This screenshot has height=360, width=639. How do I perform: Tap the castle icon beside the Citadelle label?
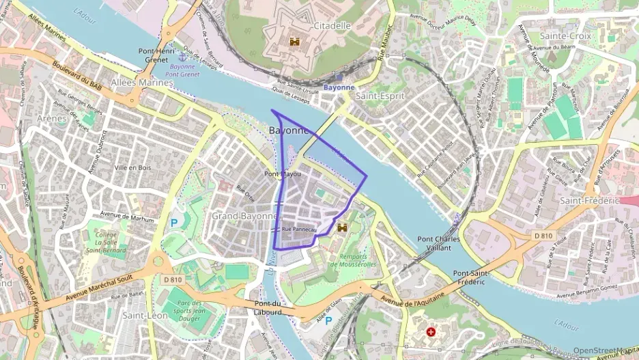(x=295, y=42)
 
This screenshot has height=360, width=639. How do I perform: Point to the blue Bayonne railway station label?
(x=339, y=87)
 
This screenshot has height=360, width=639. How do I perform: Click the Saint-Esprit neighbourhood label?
(x=380, y=96)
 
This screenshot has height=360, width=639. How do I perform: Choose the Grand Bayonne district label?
(x=244, y=216)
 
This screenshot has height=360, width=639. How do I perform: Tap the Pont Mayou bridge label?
(x=282, y=175)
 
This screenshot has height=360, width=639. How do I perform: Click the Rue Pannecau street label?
(x=299, y=230)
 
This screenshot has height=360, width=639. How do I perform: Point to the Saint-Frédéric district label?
(x=588, y=201)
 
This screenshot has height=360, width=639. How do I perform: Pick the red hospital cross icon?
(x=431, y=332)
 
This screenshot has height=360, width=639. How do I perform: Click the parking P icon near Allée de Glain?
(x=328, y=320)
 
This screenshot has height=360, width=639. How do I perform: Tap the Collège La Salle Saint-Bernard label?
(x=106, y=242)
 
